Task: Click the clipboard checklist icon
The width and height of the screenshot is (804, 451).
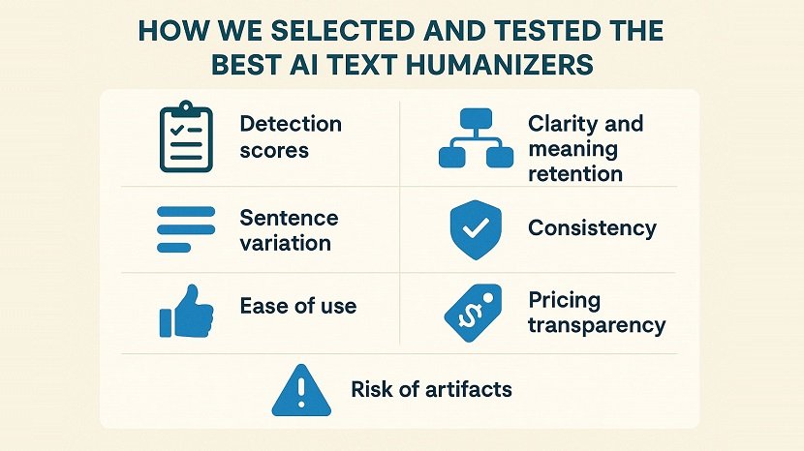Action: pyautogui.click(x=185, y=137)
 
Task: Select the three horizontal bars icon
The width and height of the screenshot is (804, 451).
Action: pyautogui.click(x=184, y=229)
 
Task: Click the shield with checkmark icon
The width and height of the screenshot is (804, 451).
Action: pyautogui.click(x=476, y=229)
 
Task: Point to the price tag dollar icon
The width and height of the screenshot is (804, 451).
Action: pyautogui.click(x=473, y=312)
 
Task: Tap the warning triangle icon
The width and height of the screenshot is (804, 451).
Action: pyautogui.click(x=300, y=391)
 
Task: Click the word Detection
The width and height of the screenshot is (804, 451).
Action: pyautogui.click(x=291, y=124)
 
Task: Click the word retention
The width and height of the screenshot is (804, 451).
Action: pyautogui.click(x=575, y=174)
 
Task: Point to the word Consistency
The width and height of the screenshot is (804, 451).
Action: pyautogui.click(x=592, y=228)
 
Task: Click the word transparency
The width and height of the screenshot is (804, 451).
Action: pyautogui.click(x=597, y=324)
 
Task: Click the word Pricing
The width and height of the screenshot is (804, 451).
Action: pyautogui.click(x=564, y=299)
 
